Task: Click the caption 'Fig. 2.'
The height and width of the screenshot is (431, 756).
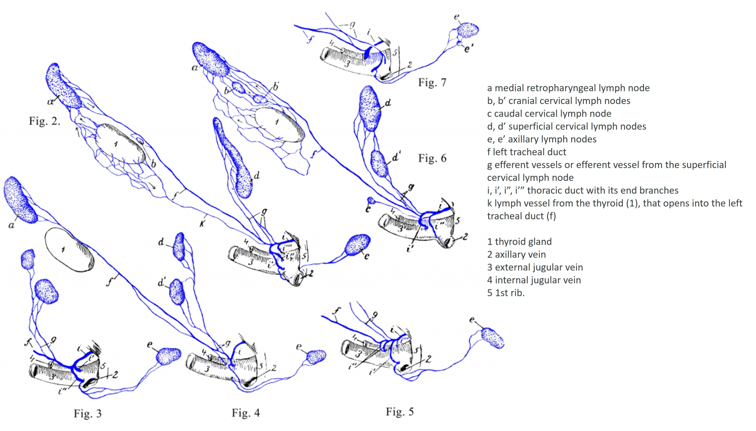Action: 45,121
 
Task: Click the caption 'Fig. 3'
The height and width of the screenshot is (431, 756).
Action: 87,414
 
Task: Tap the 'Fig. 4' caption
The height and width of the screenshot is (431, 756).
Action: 246,413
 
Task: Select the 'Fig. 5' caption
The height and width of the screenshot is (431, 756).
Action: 400,412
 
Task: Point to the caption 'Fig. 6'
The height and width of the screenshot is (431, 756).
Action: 432,158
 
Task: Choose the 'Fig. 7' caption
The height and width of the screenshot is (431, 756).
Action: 432,82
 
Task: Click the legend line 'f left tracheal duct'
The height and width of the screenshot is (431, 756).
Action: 527,152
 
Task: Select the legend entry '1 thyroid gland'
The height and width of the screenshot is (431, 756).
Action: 519,242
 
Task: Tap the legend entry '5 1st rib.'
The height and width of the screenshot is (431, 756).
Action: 506,293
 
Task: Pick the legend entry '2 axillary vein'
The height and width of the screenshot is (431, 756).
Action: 516,254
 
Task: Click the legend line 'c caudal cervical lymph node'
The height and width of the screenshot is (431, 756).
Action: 549,114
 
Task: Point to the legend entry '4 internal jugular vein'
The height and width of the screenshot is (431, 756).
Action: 534,280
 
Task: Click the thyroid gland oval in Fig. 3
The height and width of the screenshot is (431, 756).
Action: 69,249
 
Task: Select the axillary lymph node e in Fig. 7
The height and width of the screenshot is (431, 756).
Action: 468,30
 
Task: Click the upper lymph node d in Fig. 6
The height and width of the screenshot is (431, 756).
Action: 369,108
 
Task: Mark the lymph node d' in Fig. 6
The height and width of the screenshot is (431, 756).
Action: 379,164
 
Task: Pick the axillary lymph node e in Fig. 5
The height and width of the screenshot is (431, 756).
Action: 492,338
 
